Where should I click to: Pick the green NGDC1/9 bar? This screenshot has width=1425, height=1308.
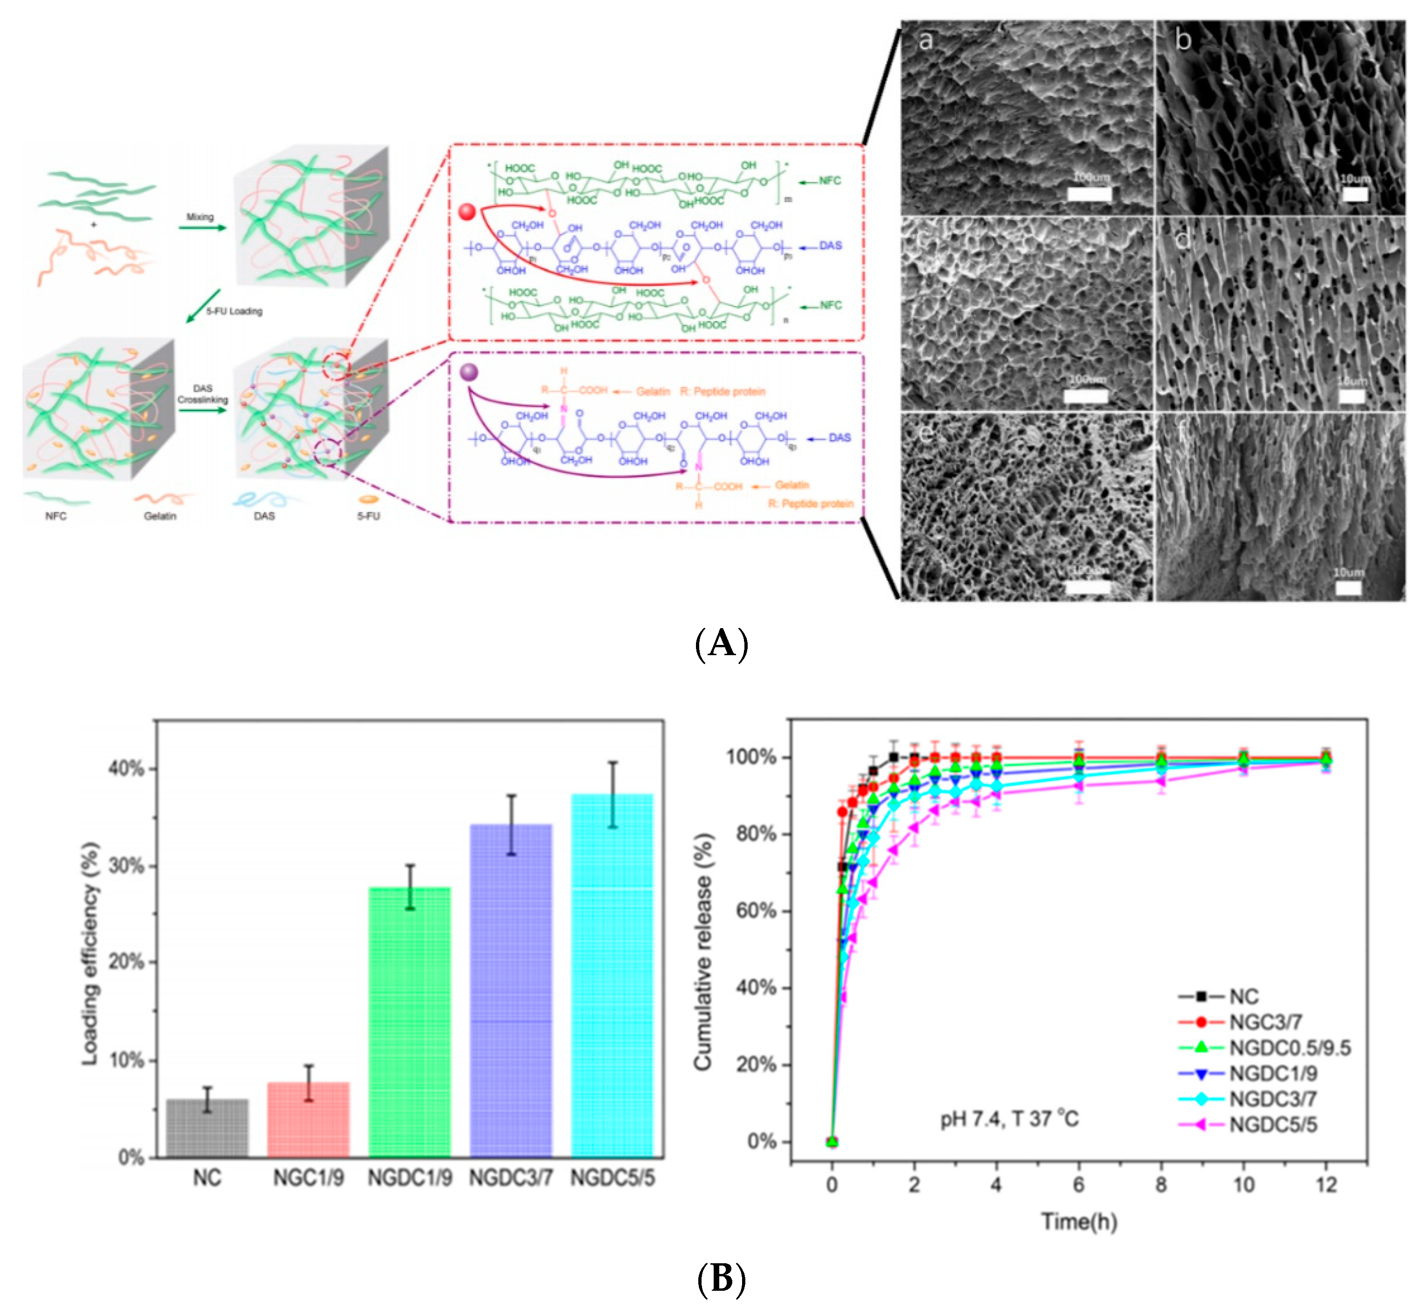click(x=409, y=1023)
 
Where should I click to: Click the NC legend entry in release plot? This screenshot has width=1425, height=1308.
click(x=1244, y=997)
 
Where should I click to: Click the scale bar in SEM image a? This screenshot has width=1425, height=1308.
click(x=1090, y=193)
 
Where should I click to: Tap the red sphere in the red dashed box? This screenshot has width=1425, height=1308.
click(x=467, y=212)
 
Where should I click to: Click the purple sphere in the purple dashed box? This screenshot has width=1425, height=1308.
click(x=468, y=372)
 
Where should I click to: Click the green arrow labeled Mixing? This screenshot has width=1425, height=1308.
click(x=202, y=227)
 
